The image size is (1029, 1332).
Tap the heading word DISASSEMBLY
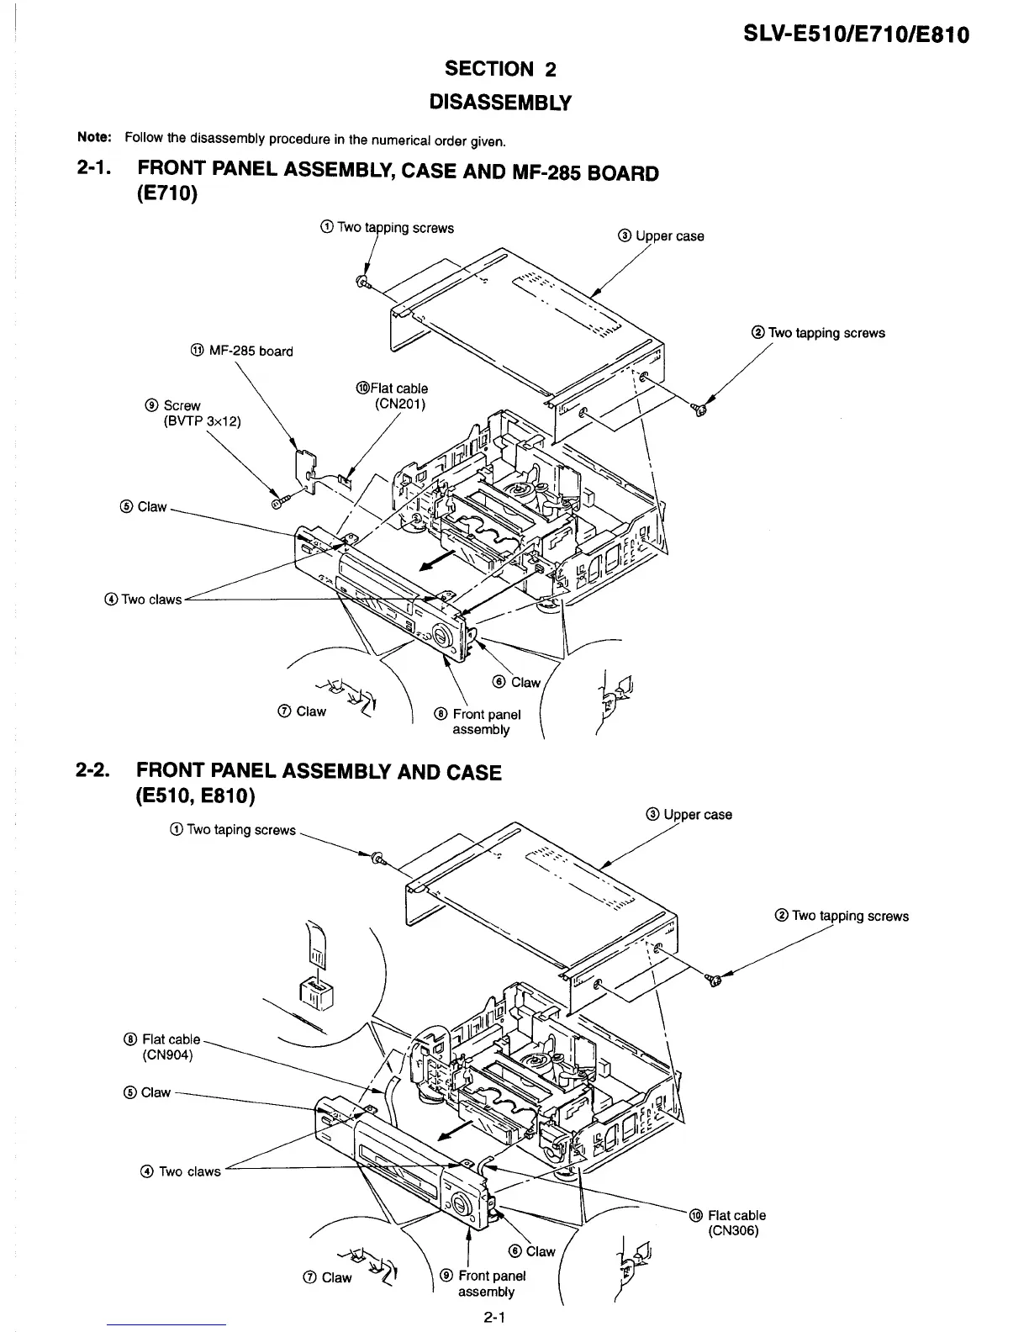point(499,103)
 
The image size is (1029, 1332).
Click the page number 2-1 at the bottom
point(493,1319)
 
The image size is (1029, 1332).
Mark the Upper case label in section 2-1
point(660,236)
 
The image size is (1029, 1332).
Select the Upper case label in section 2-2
point(689,814)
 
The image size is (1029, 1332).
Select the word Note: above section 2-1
point(90,137)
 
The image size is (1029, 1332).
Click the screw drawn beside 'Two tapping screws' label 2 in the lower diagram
point(714,980)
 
